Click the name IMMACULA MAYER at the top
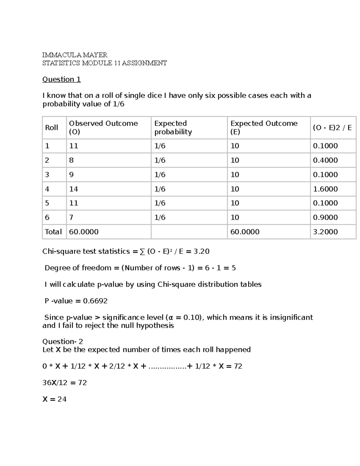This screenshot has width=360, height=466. pyautogui.click(x=75, y=55)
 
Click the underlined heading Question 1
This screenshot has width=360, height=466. pyautogui.click(x=61, y=79)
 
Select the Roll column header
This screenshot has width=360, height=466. pyautogui.click(x=51, y=128)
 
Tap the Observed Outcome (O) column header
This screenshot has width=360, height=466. pyautogui.click(x=103, y=128)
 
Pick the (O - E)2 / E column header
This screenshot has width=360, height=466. pyautogui.click(x=332, y=128)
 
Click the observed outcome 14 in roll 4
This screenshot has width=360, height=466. pyautogui.click(x=73, y=189)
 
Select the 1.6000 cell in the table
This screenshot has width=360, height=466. pyautogui.click(x=325, y=189)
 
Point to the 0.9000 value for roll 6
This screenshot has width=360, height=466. pyautogui.click(x=325, y=217)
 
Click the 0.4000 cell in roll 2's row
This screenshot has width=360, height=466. pyautogui.click(x=325, y=160)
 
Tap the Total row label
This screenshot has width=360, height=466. pyautogui.click(x=53, y=232)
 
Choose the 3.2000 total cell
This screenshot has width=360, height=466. pyautogui.click(x=325, y=232)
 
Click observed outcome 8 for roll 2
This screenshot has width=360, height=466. pyautogui.click(x=71, y=160)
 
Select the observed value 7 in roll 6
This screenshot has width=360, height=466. pyautogui.click(x=71, y=217)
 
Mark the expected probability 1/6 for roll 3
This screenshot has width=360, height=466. pyautogui.click(x=160, y=175)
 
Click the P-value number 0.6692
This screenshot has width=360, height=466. pyautogui.click(x=95, y=301)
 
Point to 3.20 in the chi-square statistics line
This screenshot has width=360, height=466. pyautogui.click(x=201, y=251)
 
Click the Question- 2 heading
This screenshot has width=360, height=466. pyautogui.click(x=63, y=341)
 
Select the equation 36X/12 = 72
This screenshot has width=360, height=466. pyautogui.click(x=64, y=383)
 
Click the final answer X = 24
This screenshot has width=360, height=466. pyautogui.click(x=55, y=399)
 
